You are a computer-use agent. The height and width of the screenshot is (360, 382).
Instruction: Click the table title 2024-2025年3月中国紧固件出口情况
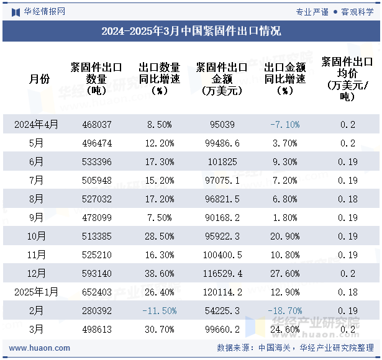(191, 31)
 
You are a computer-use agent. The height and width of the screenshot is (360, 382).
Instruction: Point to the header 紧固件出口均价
(347, 79)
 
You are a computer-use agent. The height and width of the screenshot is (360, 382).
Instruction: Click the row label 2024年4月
(37, 124)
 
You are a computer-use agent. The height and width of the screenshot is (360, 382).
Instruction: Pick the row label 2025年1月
(37, 292)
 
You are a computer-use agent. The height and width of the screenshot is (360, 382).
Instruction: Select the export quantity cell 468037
(97, 124)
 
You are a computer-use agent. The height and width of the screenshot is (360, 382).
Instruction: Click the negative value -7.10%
(284, 124)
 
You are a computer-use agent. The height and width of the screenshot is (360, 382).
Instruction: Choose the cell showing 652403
(97, 292)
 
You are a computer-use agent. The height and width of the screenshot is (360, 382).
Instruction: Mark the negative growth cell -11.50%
(160, 310)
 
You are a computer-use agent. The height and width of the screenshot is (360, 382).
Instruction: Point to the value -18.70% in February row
(284, 310)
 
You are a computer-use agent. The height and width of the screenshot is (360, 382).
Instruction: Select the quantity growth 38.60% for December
(160, 273)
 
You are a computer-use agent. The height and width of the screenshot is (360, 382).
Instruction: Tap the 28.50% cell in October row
(160, 236)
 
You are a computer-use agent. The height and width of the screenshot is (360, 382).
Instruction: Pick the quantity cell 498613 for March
(97, 329)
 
